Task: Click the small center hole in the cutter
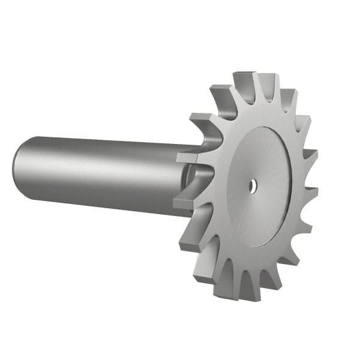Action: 253,185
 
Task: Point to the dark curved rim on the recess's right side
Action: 286,198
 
